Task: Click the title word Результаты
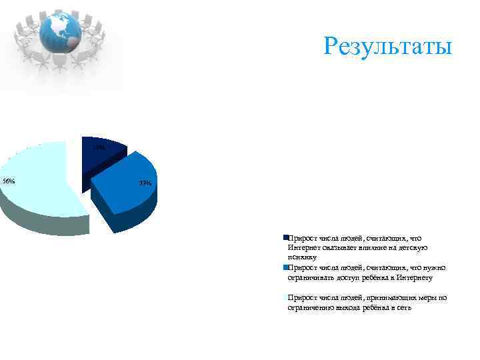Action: (x=387, y=47)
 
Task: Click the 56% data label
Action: (x=9, y=181)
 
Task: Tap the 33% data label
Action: (x=145, y=183)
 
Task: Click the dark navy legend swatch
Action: (x=285, y=237)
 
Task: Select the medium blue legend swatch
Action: (x=285, y=267)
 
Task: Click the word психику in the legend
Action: (x=301, y=257)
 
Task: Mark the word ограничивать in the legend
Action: (x=305, y=277)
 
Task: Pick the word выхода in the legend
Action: (x=350, y=307)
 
